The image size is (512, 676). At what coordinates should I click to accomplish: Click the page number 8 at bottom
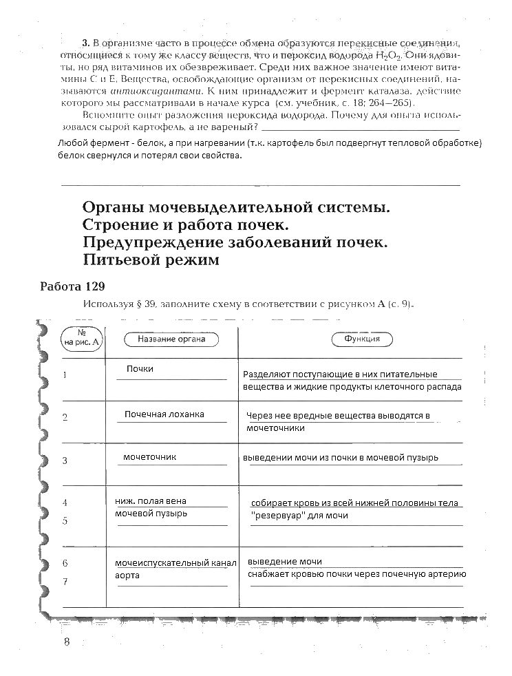[67, 642]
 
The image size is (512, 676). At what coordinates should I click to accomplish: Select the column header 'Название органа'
[170, 339]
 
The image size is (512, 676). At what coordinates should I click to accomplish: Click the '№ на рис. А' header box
[82, 339]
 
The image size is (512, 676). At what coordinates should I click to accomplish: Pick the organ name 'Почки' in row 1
[140, 369]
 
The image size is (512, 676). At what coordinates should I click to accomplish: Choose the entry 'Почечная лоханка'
[164, 414]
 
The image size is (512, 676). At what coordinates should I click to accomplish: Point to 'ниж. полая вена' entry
[151, 500]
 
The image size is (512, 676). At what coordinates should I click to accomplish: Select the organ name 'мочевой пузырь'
[151, 514]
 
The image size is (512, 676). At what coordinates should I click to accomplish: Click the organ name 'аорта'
[127, 575]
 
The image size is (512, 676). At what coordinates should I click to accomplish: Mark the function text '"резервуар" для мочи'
[299, 516]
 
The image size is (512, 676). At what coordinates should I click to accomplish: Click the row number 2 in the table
[65, 417]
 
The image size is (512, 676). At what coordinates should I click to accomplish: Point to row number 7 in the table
[65, 582]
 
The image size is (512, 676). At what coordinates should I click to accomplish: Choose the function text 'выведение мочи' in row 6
[284, 562]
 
